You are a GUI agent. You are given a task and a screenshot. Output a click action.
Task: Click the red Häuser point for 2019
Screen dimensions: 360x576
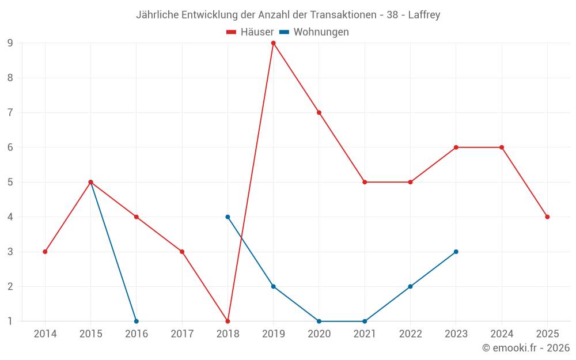click(273, 43)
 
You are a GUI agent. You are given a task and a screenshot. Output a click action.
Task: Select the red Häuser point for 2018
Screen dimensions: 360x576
click(228, 321)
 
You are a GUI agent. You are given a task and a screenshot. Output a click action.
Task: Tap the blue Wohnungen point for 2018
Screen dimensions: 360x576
click(228, 217)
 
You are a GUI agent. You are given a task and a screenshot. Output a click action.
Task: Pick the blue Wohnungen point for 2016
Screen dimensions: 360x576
click(137, 321)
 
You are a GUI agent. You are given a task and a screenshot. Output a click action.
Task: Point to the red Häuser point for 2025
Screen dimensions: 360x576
click(547, 217)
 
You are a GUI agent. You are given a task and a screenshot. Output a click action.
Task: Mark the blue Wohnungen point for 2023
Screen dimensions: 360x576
click(456, 252)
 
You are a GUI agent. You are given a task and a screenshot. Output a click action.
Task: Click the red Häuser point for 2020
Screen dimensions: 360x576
click(319, 112)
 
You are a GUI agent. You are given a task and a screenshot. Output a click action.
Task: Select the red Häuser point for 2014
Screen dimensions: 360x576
click(45, 252)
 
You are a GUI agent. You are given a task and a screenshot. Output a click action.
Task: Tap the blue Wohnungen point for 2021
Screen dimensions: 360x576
click(365, 321)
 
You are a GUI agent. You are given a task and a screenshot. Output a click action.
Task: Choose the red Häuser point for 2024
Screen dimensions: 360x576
click(502, 147)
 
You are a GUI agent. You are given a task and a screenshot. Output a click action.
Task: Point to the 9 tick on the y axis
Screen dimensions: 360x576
click(10, 43)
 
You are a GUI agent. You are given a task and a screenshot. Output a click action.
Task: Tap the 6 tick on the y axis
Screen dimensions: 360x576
click(10, 147)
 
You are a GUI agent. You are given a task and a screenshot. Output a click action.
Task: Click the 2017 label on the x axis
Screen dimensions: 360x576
click(182, 334)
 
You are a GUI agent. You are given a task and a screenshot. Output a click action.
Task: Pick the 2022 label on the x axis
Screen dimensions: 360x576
click(410, 334)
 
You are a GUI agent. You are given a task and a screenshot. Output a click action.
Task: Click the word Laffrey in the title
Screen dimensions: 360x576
click(424, 15)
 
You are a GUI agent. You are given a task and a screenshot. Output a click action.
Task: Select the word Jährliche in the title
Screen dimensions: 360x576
click(157, 15)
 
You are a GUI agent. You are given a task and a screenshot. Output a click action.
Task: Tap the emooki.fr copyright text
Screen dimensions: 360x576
click(525, 348)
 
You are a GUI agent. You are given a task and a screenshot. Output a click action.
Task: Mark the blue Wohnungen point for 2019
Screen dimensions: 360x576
click(273, 286)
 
